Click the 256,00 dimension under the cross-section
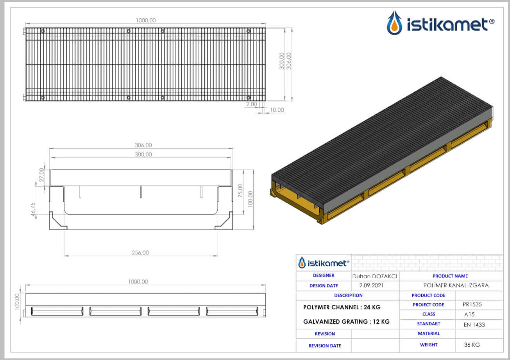click(x=140, y=253)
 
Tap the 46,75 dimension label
click(x=33, y=209)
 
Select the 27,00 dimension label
click(x=42, y=175)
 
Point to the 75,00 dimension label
click(x=240, y=190)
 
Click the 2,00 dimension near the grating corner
click(x=252, y=104)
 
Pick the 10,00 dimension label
click(x=277, y=110)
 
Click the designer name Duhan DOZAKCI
click(x=374, y=276)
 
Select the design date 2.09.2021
click(x=371, y=285)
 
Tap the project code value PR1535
click(x=472, y=304)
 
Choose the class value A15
click(x=469, y=314)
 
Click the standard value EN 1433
click(x=474, y=325)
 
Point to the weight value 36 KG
click(x=472, y=345)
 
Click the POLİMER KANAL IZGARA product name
click(x=456, y=285)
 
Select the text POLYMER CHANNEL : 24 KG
click(x=342, y=307)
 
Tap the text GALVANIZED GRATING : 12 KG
click(x=346, y=322)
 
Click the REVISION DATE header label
click(x=325, y=346)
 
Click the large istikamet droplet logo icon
click(x=395, y=23)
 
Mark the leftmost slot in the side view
click(x=57, y=311)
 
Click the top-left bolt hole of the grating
click(x=43, y=31)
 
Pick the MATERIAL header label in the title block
click(x=429, y=333)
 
